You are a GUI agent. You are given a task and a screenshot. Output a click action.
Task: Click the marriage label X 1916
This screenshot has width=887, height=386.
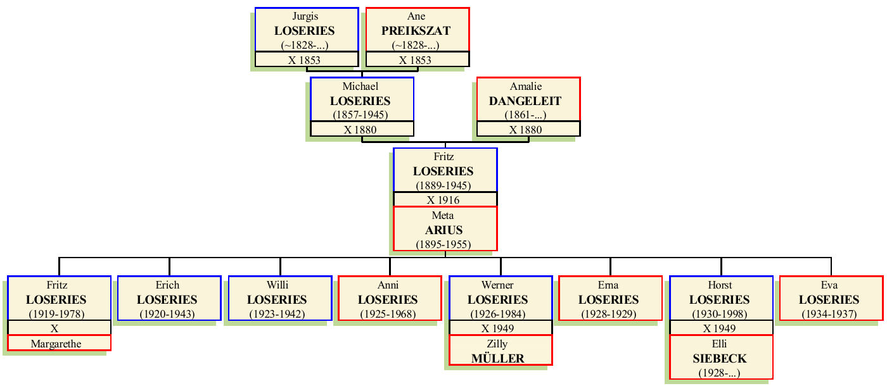[x=445, y=200]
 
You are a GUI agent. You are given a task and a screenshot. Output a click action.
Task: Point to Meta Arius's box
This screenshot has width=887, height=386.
[x=445, y=229]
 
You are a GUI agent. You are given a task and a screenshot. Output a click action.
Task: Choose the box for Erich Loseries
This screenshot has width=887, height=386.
[x=169, y=299]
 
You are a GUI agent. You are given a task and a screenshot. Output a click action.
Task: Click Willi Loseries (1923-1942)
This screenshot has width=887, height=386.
[x=279, y=299]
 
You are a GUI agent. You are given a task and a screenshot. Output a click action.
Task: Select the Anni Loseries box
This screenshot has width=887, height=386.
[x=390, y=299]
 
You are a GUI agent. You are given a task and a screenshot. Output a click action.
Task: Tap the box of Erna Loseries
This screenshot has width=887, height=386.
[x=610, y=299]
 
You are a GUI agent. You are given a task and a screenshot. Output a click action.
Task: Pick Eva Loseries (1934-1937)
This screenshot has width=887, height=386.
[x=831, y=299]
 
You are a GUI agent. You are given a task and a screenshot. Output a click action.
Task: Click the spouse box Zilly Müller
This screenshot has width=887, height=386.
[x=500, y=351]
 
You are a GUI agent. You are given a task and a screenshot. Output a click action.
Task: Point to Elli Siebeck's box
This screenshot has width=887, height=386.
[x=720, y=358]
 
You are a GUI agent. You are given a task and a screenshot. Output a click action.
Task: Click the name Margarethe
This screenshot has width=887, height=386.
[x=59, y=344]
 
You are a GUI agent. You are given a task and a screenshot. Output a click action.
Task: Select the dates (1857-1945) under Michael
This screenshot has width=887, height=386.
[x=362, y=115]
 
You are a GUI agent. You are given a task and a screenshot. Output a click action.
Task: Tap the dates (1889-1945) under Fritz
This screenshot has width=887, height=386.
[x=445, y=185]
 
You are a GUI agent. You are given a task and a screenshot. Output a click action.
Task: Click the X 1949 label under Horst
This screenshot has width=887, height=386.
[x=720, y=328]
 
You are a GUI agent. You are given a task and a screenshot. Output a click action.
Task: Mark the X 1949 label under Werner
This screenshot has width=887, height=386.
[x=500, y=328]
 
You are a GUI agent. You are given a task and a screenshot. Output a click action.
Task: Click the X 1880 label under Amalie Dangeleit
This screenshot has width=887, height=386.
[x=528, y=130]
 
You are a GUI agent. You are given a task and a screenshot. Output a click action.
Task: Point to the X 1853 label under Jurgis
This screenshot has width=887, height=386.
[x=307, y=60]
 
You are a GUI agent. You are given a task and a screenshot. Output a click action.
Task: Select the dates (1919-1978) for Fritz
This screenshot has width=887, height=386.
[x=59, y=314]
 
